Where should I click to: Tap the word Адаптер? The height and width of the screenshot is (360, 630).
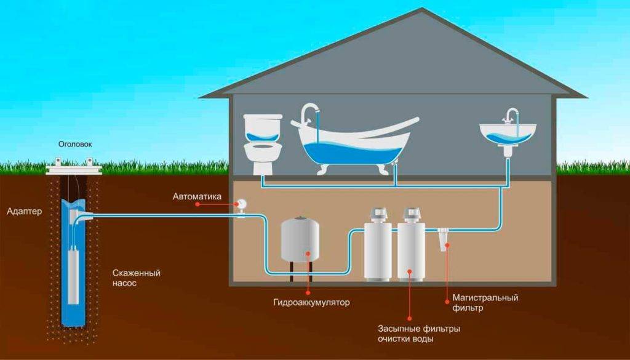[24, 212]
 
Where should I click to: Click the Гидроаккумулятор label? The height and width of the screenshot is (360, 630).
[311, 303]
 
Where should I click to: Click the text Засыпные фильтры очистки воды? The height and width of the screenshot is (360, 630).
[411, 334]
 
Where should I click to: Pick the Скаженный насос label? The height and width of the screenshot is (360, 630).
[137, 278]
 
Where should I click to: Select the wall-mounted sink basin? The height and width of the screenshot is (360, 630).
[508, 134]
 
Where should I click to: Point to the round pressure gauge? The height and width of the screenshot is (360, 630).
[241, 203]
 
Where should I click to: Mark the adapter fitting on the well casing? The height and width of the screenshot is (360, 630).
[84, 215]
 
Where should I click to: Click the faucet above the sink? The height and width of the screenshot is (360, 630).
[511, 115]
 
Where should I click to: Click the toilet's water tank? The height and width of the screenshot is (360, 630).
[263, 127]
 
